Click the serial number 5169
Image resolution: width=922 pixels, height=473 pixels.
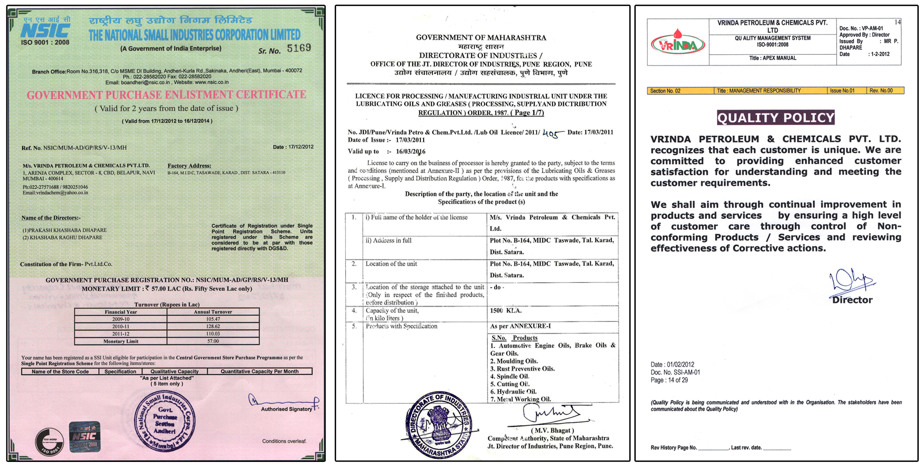pos(299,48)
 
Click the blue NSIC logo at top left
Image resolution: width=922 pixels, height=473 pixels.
pos(45,31)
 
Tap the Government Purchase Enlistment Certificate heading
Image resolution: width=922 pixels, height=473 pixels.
pos(166,95)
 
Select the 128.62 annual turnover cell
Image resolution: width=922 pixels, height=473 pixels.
pos(213,326)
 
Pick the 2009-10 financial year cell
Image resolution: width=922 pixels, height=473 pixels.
pos(121,319)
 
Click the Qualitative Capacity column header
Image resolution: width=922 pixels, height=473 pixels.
pos(174,371)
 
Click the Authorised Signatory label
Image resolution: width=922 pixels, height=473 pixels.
pos(286,409)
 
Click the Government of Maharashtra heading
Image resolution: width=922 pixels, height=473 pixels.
pos(481,37)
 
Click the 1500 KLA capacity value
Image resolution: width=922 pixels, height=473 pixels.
pos(505,310)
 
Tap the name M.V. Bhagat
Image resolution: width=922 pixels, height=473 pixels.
pos(550,430)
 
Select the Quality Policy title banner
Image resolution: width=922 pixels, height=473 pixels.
pos(775,118)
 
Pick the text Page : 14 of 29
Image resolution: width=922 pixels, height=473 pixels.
pos(669,380)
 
